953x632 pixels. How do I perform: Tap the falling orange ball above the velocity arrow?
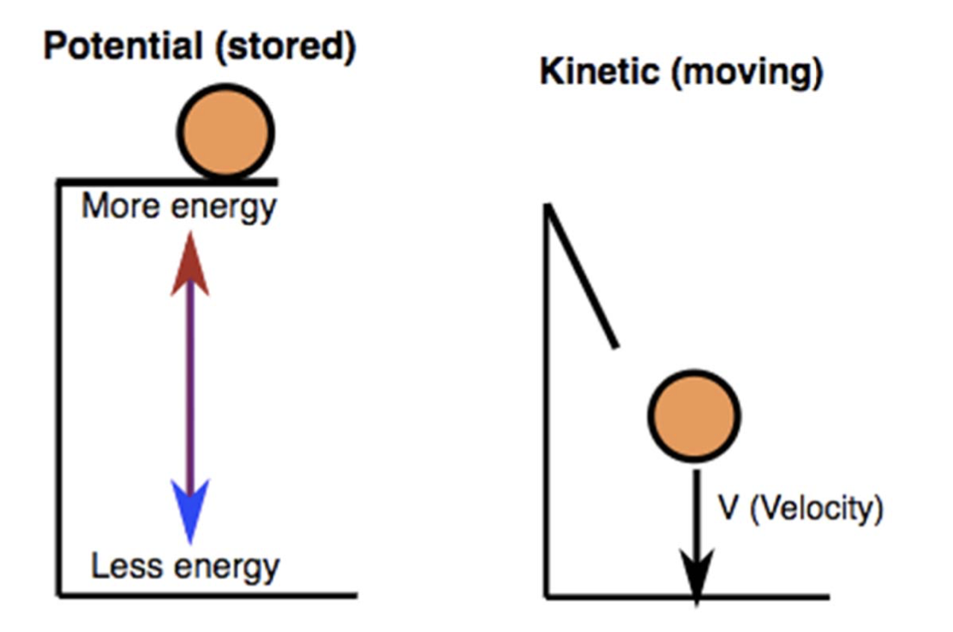pos(693,416)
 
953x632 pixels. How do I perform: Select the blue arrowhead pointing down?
pos(189,510)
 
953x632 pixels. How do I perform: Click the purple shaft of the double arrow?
pos(189,385)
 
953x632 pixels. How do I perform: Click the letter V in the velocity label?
pos(728,510)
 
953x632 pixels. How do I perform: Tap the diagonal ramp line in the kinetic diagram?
pos(581,277)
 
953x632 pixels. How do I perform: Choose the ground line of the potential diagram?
pos(206,594)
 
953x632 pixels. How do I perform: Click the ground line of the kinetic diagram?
pos(771,595)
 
